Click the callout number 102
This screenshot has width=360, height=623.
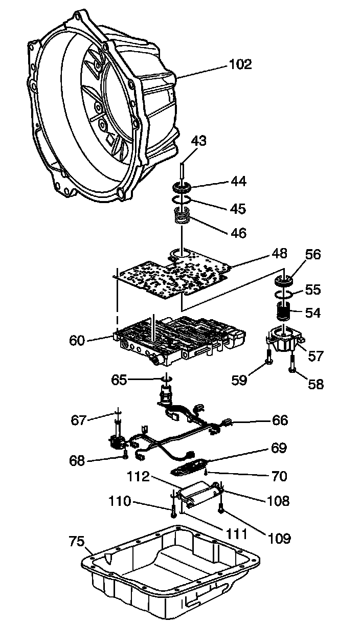[x=240, y=64]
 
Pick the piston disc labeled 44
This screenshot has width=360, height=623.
[x=183, y=186]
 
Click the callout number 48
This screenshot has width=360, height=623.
[x=280, y=253]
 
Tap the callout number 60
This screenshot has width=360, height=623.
[x=77, y=340]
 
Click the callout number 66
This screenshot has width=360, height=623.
[x=280, y=420]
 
